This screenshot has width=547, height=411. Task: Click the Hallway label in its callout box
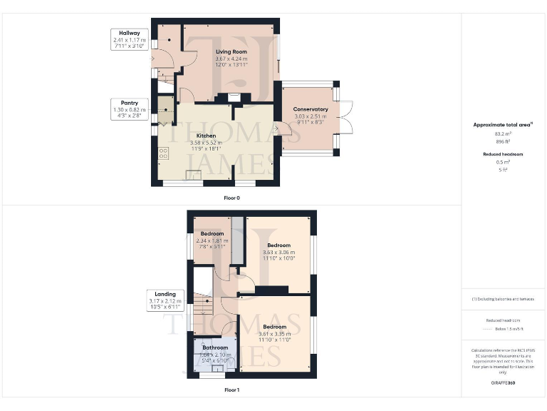coord(129,33)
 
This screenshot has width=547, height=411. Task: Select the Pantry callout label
coord(129,103)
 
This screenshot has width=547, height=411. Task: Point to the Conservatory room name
coord(311,109)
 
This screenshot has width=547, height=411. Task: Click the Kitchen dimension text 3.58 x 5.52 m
coord(206,143)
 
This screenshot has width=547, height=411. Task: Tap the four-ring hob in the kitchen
coord(163,152)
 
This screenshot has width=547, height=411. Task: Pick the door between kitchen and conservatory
coord(278,129)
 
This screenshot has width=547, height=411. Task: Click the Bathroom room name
coord(214,347)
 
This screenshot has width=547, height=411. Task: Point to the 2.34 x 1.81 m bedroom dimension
coord(212,241)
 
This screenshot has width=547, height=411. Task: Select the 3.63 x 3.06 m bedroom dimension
coord(278,252)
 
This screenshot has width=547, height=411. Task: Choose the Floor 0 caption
coord(231,197)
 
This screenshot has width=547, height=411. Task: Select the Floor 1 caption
coord(231,390)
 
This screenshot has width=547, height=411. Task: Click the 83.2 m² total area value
coord(503,133)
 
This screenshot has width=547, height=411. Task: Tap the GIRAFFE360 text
coord(503,383)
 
